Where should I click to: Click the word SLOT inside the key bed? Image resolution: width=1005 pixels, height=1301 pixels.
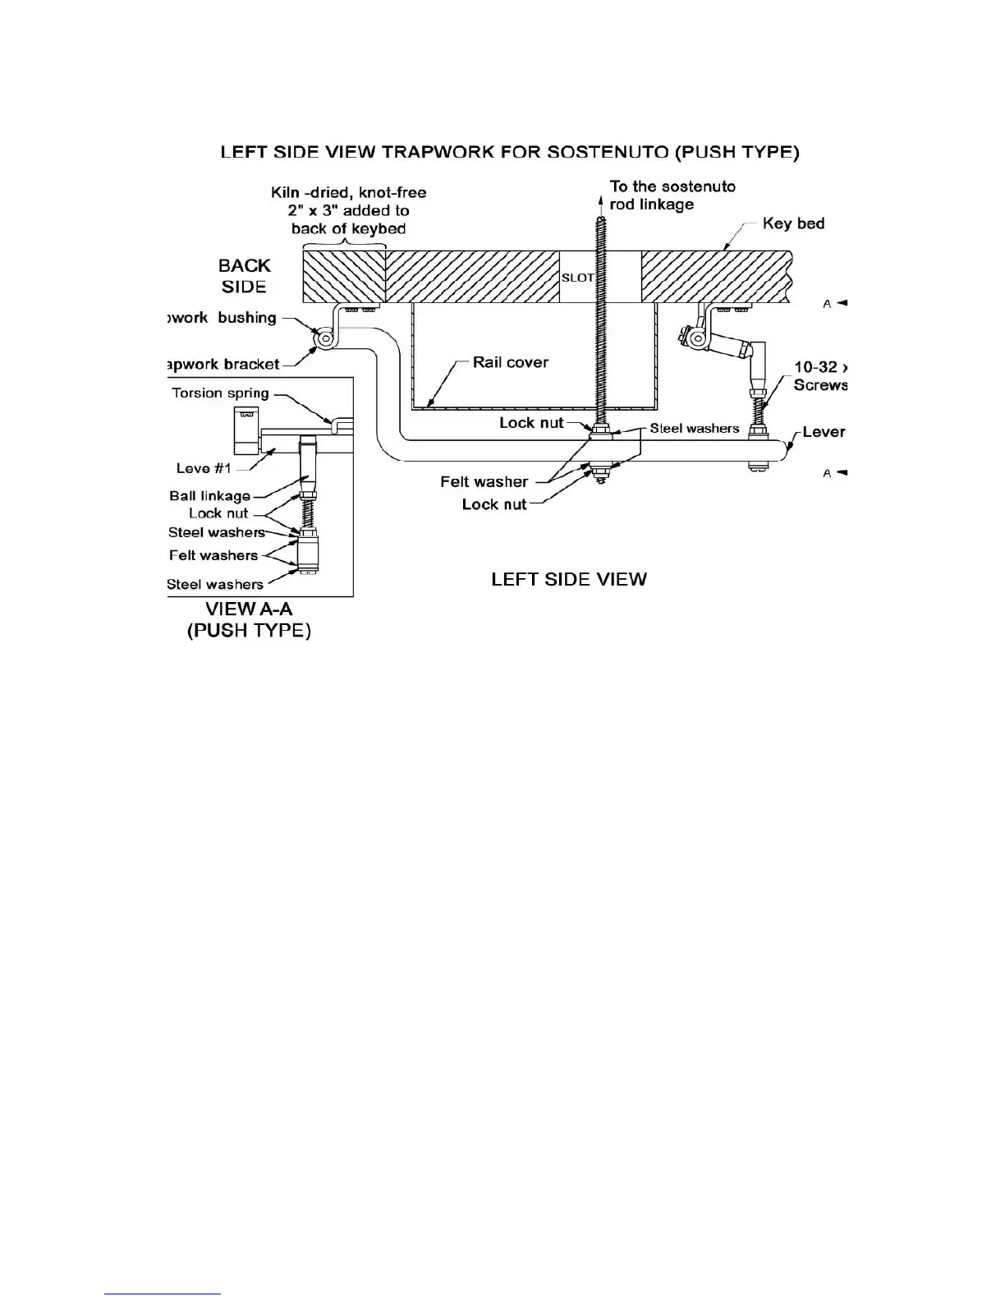click(577, 278)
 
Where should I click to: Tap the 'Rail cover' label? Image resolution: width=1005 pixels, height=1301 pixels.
click(510, 362)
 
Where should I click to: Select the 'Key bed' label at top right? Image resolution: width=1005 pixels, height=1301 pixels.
click(793, 223)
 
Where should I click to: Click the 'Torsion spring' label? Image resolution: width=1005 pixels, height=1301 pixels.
click(220, 393)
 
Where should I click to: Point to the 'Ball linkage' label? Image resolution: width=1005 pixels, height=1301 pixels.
click(209, 495)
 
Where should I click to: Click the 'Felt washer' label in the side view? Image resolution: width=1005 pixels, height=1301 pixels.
click(484, 482)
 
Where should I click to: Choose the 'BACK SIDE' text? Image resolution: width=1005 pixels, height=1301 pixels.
click(244, 276)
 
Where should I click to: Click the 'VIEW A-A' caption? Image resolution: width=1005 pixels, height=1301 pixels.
click(248, 609)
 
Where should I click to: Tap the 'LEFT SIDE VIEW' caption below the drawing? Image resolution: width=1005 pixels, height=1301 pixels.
click(568, 579)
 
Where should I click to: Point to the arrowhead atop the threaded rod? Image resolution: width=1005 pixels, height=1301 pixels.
click(601, 186)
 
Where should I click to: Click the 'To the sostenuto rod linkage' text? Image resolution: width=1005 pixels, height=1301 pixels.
click(672, 195)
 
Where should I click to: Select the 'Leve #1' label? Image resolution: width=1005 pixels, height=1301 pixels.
click(204, 468)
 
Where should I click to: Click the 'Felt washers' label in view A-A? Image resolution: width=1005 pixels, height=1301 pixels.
click(213, 555)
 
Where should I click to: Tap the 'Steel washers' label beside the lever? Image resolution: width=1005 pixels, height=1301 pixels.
click(695, 428)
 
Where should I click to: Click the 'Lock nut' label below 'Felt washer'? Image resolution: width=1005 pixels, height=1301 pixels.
click(494, 504)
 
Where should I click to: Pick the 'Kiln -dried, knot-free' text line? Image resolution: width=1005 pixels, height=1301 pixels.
click(348, 193)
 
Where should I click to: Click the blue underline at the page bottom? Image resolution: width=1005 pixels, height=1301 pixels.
click(163, 1294)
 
